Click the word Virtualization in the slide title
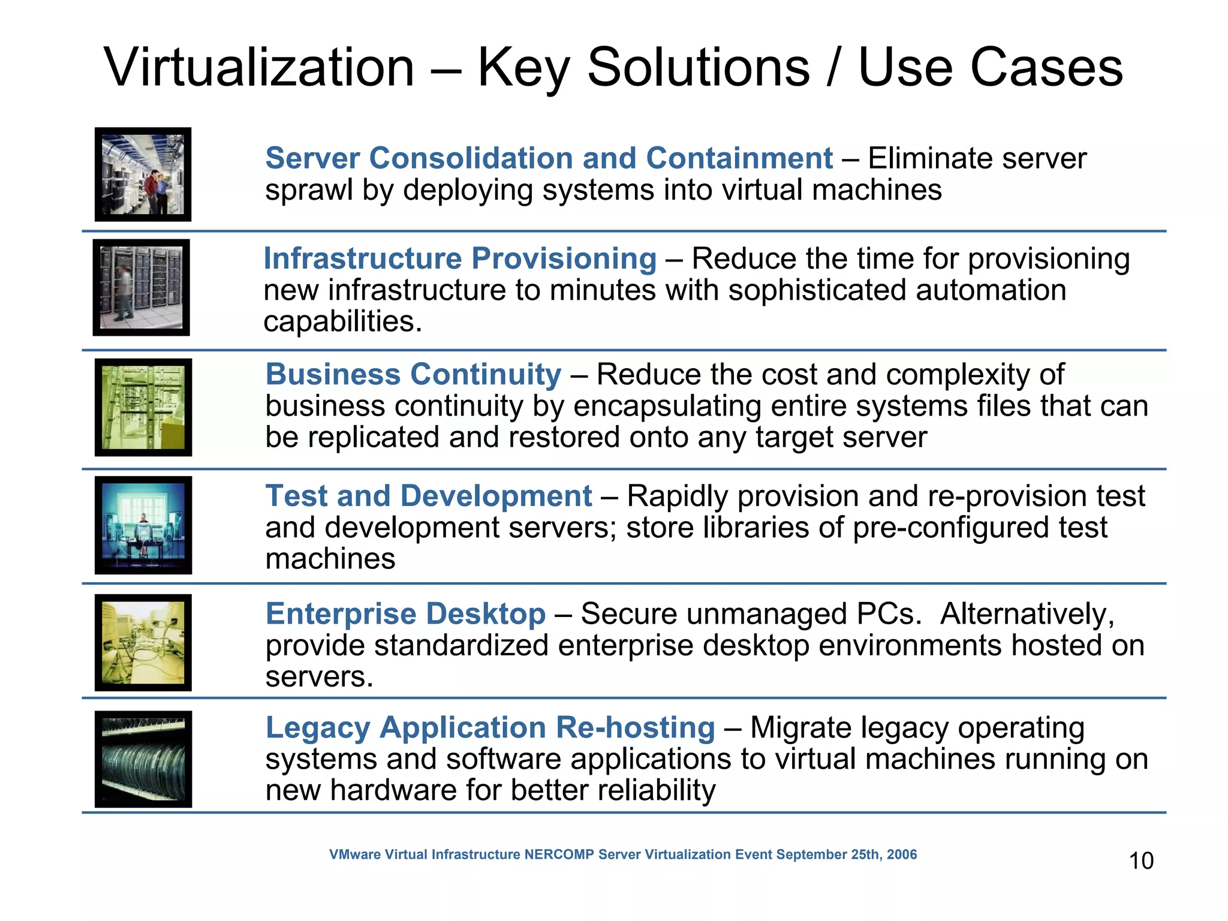point(259,67)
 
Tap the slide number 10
point(1141,860)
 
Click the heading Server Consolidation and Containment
point(549,158)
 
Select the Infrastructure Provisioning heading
point(460,258)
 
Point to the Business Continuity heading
point(413,374)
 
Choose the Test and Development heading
point(429,496)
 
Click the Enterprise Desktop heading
point(405,613)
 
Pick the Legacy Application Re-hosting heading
point(490,727)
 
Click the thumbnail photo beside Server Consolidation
point(143,174)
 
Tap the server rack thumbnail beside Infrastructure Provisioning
point(142,287)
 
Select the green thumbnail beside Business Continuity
point(143,407)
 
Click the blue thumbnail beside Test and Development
point(143,525)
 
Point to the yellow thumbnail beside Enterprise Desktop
point(143,643)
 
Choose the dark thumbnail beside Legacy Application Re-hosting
point(143,759)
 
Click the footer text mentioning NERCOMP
point(622,854)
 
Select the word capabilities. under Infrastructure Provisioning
point(342,322)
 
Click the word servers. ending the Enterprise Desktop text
point(319,677)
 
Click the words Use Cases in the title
point(990,67)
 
